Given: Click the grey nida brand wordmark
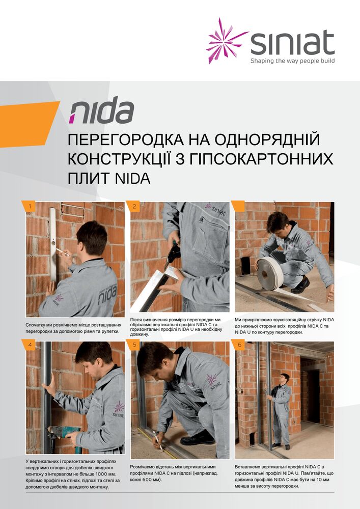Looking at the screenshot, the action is coord(101,111).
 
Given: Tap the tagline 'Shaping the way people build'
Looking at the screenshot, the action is coord(292,61).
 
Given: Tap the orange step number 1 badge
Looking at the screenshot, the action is coord(30,206).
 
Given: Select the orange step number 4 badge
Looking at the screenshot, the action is coord(30,345).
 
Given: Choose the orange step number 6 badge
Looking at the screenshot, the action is coord(239,345).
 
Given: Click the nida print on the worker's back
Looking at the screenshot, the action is coord(107,294).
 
